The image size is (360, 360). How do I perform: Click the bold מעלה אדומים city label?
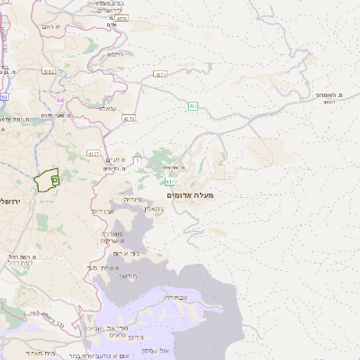point(191,193)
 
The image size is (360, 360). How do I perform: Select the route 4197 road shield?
point(49,69)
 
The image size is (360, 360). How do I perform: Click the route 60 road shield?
point(60,100)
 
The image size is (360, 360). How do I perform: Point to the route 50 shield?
point(4,96)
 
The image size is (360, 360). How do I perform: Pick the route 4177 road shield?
point(93,154)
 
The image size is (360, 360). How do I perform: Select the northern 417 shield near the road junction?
point(192,106)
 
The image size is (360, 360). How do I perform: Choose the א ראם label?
point(51,26)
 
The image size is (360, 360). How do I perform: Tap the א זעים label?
point(114,159)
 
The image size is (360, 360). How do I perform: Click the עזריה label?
point(131,198)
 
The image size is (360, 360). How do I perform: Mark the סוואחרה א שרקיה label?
point(112,237)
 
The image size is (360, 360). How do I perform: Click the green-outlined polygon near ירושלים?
point(47,179)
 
